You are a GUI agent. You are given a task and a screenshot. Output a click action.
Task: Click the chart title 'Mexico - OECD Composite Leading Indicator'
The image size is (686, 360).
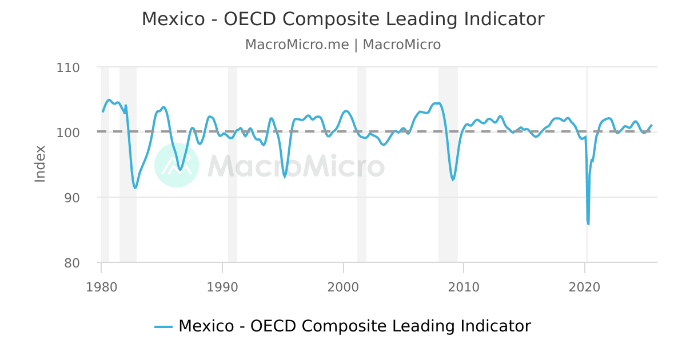[343, 19]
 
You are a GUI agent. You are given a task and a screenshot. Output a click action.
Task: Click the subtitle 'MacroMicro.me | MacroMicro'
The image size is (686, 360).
[343, 45]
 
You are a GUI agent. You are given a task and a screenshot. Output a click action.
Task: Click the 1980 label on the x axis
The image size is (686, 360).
[101, 287]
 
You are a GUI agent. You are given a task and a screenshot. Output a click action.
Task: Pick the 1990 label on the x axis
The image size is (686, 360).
[222, 287]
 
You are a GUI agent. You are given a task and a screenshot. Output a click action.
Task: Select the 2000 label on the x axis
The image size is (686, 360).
[343, 287]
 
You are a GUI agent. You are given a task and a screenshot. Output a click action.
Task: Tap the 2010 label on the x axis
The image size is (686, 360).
[464, 287]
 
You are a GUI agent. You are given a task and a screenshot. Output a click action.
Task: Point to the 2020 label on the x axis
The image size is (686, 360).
[585, 287]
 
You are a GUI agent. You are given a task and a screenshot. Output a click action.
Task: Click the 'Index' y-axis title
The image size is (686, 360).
[40, 164]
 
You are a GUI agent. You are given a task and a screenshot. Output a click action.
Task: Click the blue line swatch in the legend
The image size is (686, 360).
[163, 327]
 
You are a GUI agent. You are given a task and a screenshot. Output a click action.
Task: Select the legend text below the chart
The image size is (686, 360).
[354, 326]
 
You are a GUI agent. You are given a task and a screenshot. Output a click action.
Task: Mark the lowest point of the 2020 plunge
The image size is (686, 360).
[588, 223]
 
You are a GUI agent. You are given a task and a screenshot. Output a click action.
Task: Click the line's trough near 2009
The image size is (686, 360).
[453, 180]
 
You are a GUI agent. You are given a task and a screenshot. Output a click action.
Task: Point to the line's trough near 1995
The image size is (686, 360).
[285, 177]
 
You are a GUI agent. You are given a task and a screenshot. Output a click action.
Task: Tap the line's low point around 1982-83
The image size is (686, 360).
[135, 187]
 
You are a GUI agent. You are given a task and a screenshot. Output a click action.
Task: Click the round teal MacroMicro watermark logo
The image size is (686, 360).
[177, 165]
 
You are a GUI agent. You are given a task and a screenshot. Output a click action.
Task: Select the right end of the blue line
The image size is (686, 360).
[651, 125]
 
